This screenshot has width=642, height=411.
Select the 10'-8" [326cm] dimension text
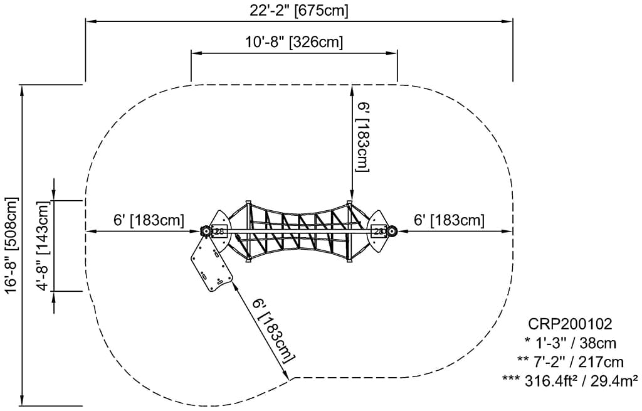(293, 43)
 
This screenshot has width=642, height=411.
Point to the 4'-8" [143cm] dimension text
(43, 246)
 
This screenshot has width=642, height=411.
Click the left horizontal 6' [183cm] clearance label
(149, 220)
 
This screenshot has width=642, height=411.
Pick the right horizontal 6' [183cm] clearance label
(449, 220)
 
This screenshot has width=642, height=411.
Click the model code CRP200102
(569, 324)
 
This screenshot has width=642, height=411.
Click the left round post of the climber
(205, 231)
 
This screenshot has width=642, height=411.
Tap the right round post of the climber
(392, 231)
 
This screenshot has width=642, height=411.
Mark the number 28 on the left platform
(219, 231)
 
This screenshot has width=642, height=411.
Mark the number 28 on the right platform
(379, 231)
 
